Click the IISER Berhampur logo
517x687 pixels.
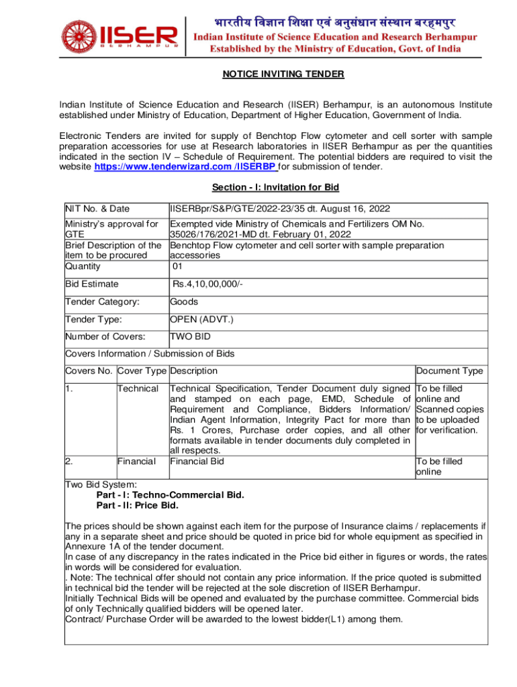click(121, 35)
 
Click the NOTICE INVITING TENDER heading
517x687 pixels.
click(283, 74)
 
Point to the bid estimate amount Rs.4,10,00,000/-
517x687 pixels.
click(207, 284)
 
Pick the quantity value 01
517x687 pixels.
click(178, 266)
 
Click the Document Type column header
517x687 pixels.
click(449, 371)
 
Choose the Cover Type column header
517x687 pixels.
click(142, 371)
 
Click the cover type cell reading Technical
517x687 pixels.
click(138, 388)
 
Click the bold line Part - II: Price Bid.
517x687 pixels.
click(138, 505)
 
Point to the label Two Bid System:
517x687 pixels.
click(101, 484)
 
